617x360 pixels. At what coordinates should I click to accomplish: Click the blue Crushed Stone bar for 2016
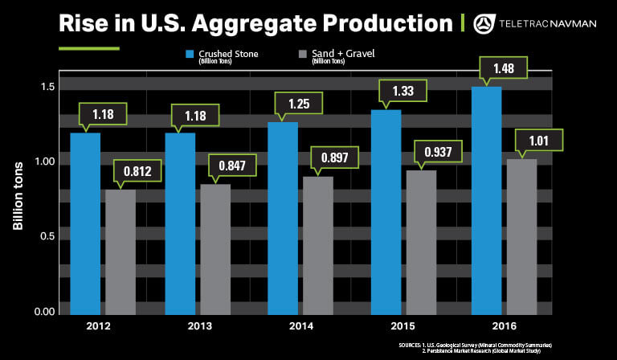click(486, 201)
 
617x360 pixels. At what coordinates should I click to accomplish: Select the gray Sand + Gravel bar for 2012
click(121, 252)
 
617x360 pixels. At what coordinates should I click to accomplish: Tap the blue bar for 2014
click(283, 217)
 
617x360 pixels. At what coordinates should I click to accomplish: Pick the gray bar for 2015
click(421, 242)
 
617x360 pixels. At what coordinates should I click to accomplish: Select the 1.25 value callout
click(296, 103)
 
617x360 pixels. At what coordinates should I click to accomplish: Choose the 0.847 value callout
click(232, 166)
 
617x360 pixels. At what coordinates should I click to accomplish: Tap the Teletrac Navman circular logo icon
click(485, 23)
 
